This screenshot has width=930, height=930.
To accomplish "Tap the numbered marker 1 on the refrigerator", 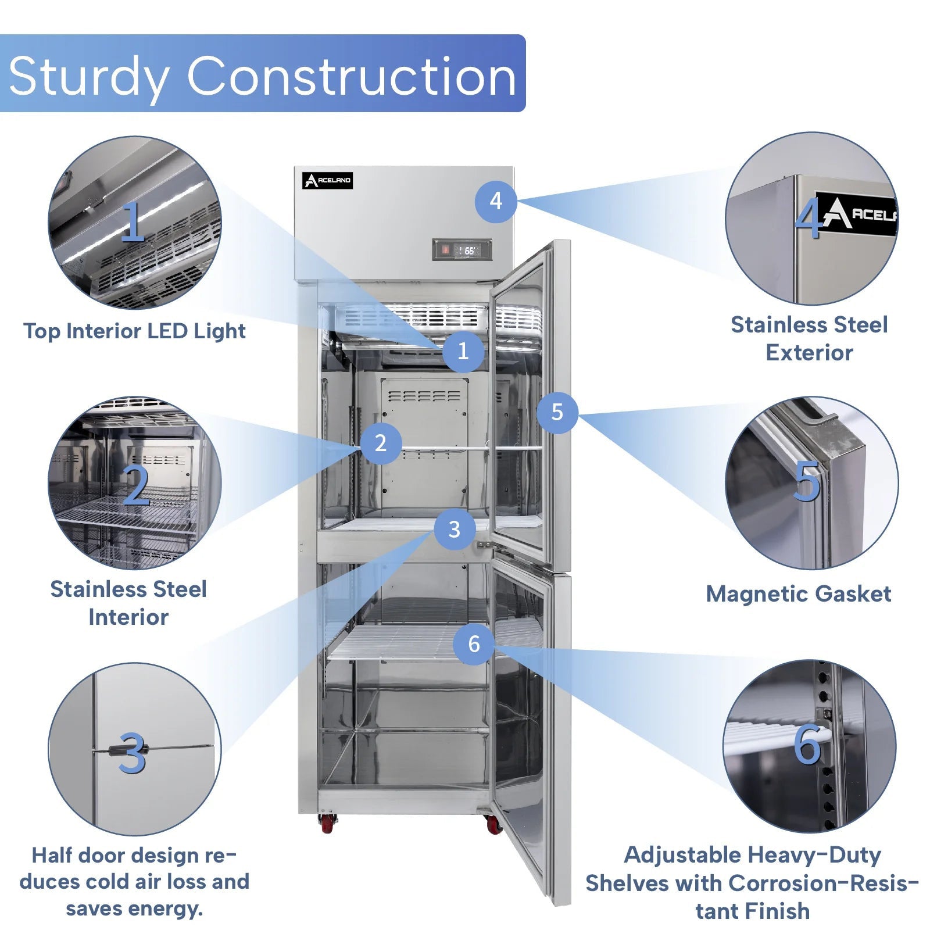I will click(x=463, y=351).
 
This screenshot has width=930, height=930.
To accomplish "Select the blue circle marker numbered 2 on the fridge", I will click(x=381, y=443).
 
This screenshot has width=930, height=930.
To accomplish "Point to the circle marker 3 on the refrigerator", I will click(x=455, y=529).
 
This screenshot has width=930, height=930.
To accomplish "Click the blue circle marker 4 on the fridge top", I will click(x=495, y=201).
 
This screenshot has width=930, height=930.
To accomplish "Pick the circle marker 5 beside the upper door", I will click(x=557, y=412).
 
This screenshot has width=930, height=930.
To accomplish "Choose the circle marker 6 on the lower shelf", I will click(x=474, y=643).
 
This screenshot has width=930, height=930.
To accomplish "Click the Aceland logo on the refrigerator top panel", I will click(x=327, y=181).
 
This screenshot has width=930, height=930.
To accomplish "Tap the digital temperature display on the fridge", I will click(x=462, y=250).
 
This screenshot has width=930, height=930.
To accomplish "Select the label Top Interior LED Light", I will click(x=134, y=331).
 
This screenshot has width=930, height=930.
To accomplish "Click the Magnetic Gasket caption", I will click(x=798, y=594).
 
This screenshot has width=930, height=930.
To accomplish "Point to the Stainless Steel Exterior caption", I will click(x=809, y=338).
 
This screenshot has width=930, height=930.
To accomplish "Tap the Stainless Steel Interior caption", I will click(x=128, y=603).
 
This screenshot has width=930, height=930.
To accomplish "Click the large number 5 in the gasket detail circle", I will click(x=807, y=481).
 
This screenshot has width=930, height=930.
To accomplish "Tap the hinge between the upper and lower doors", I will click(x=484, y=545).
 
